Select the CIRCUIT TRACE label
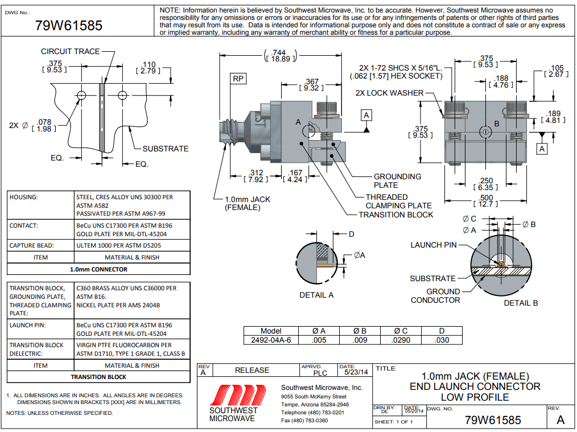coord(70,51)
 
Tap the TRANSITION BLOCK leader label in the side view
coord(395,215)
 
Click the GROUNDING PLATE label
coord(397,180)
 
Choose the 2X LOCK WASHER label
coord(389,93)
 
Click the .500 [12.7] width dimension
coord(486,200)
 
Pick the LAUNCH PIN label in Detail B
coord(434,245)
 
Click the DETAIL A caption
coord(316,295)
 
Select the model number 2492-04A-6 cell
coord(271,340)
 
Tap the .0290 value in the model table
coord(401,340)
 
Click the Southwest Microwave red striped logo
coord(234,394)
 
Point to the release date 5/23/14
coord(356,372)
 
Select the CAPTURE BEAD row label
coord(31,246)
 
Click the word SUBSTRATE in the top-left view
coord(165,149)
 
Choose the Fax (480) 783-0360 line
coord(304,421)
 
